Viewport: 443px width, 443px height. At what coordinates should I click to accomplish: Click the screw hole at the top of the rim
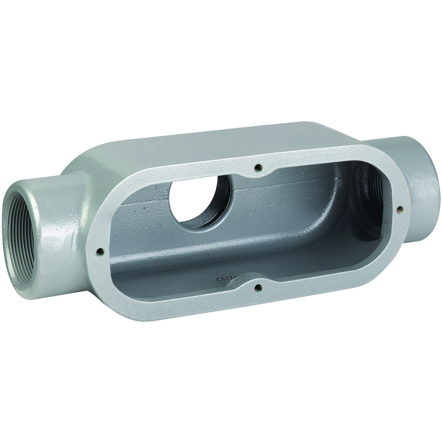coord(258,168)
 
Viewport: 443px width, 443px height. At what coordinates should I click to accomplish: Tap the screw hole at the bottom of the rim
coord(258,287)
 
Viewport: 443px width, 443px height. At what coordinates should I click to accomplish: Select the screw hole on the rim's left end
coord(100,250)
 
